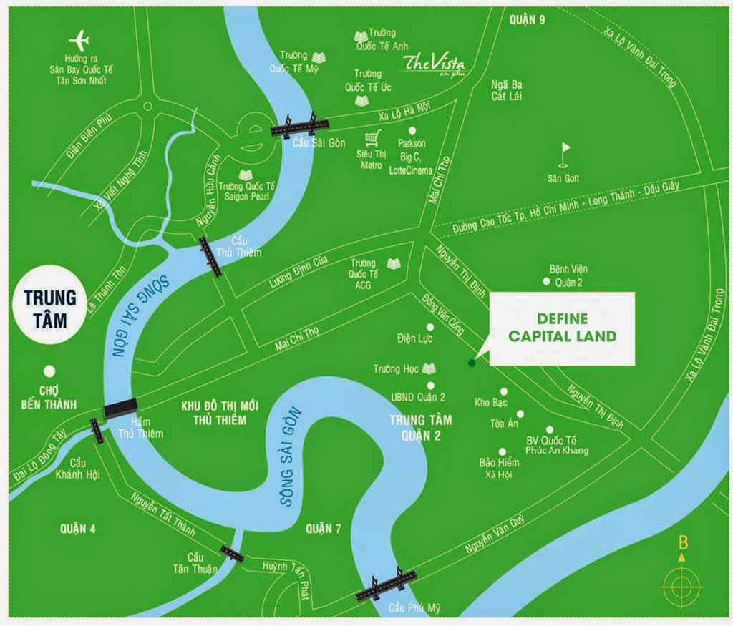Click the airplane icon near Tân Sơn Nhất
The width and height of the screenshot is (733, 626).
[79, 40]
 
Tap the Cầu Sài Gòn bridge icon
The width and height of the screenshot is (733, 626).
[299, 126]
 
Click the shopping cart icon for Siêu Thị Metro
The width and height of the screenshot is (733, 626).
[372, 137]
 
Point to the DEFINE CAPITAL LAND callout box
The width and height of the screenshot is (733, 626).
[563, 328]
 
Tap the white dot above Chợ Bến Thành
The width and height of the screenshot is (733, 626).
[49, 371]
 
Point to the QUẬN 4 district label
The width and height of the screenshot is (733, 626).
[78, 529]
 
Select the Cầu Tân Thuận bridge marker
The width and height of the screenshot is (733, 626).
[232, 552]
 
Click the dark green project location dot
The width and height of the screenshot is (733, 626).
[471, 363]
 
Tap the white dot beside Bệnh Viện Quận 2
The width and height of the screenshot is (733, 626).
[546, 282]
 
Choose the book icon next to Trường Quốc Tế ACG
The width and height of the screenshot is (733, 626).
[394, 263]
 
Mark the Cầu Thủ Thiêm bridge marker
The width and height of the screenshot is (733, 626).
[210, 256]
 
